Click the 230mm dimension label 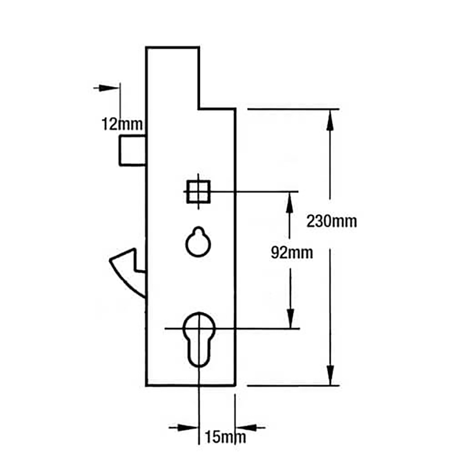tap(332, 222)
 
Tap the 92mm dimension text tap(292, 253)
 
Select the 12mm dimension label tap(122, 124)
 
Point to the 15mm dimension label tap(226, 437)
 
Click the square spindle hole tap(198, 192)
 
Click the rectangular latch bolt tap(132, 150)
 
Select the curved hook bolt tap(128, 271)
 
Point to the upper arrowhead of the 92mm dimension tap(289, 203)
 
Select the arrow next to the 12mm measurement tap(106, 87)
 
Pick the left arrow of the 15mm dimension tap(183, 427)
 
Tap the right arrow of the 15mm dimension tap(250, 427)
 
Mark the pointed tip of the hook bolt tap(110, 260)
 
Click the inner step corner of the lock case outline tap(199, 109)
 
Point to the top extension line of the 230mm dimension tap(293, 109)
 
